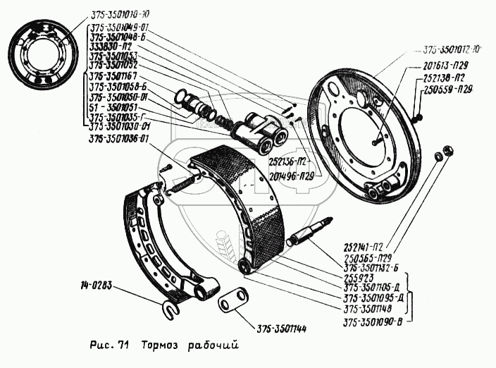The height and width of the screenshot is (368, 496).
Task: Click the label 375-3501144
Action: click(x=278, y=329)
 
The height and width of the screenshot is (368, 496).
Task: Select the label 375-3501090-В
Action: click(x=375, y=324)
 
